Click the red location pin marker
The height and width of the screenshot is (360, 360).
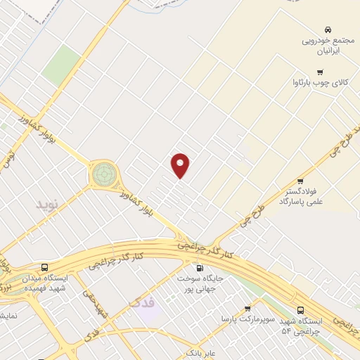click(x=181, y=165)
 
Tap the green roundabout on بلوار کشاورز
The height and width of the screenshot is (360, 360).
click(x=103, y=172)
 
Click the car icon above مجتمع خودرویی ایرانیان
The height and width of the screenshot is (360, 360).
click(x=328, y=30)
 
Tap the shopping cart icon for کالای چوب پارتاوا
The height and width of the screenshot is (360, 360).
click(x=321, y=72)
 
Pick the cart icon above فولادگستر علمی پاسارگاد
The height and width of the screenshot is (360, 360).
click(x=300, y=181)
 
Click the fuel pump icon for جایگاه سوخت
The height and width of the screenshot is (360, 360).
click(x=199, y=268)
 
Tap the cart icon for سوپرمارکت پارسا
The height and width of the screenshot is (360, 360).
click(x=247, y=309)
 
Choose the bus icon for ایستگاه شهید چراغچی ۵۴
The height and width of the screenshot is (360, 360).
click(x=300, y=310)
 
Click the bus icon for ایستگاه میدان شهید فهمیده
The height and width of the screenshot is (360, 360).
click(x=45, y=268)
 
